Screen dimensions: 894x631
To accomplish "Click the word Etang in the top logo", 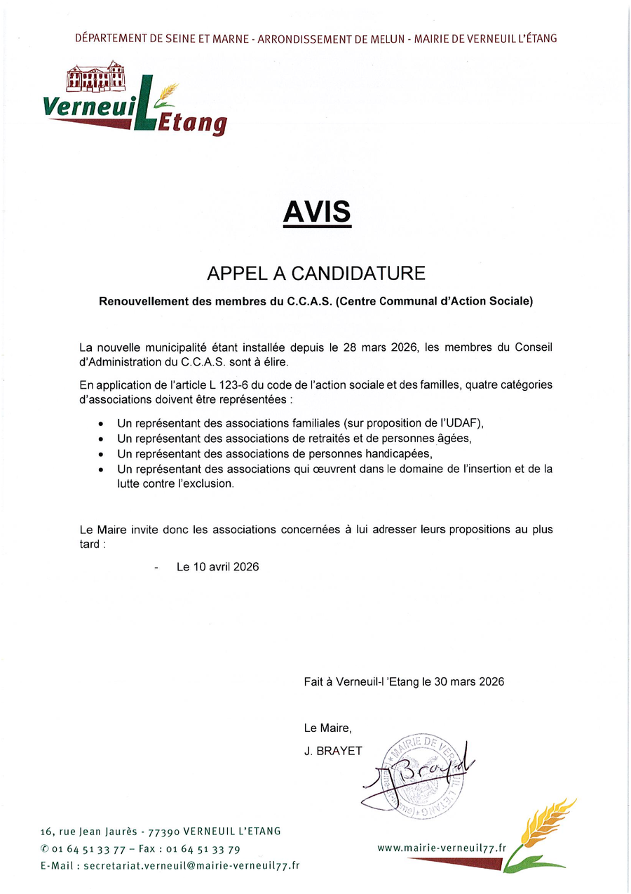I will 191,124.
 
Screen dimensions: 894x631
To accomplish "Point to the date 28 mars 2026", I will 381,347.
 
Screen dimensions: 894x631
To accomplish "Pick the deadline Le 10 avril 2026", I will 217,566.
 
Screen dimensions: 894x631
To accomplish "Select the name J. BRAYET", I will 333,751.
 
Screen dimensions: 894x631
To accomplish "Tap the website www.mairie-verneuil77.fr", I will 442,848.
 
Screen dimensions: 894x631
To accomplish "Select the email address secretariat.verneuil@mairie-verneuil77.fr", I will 191,866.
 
